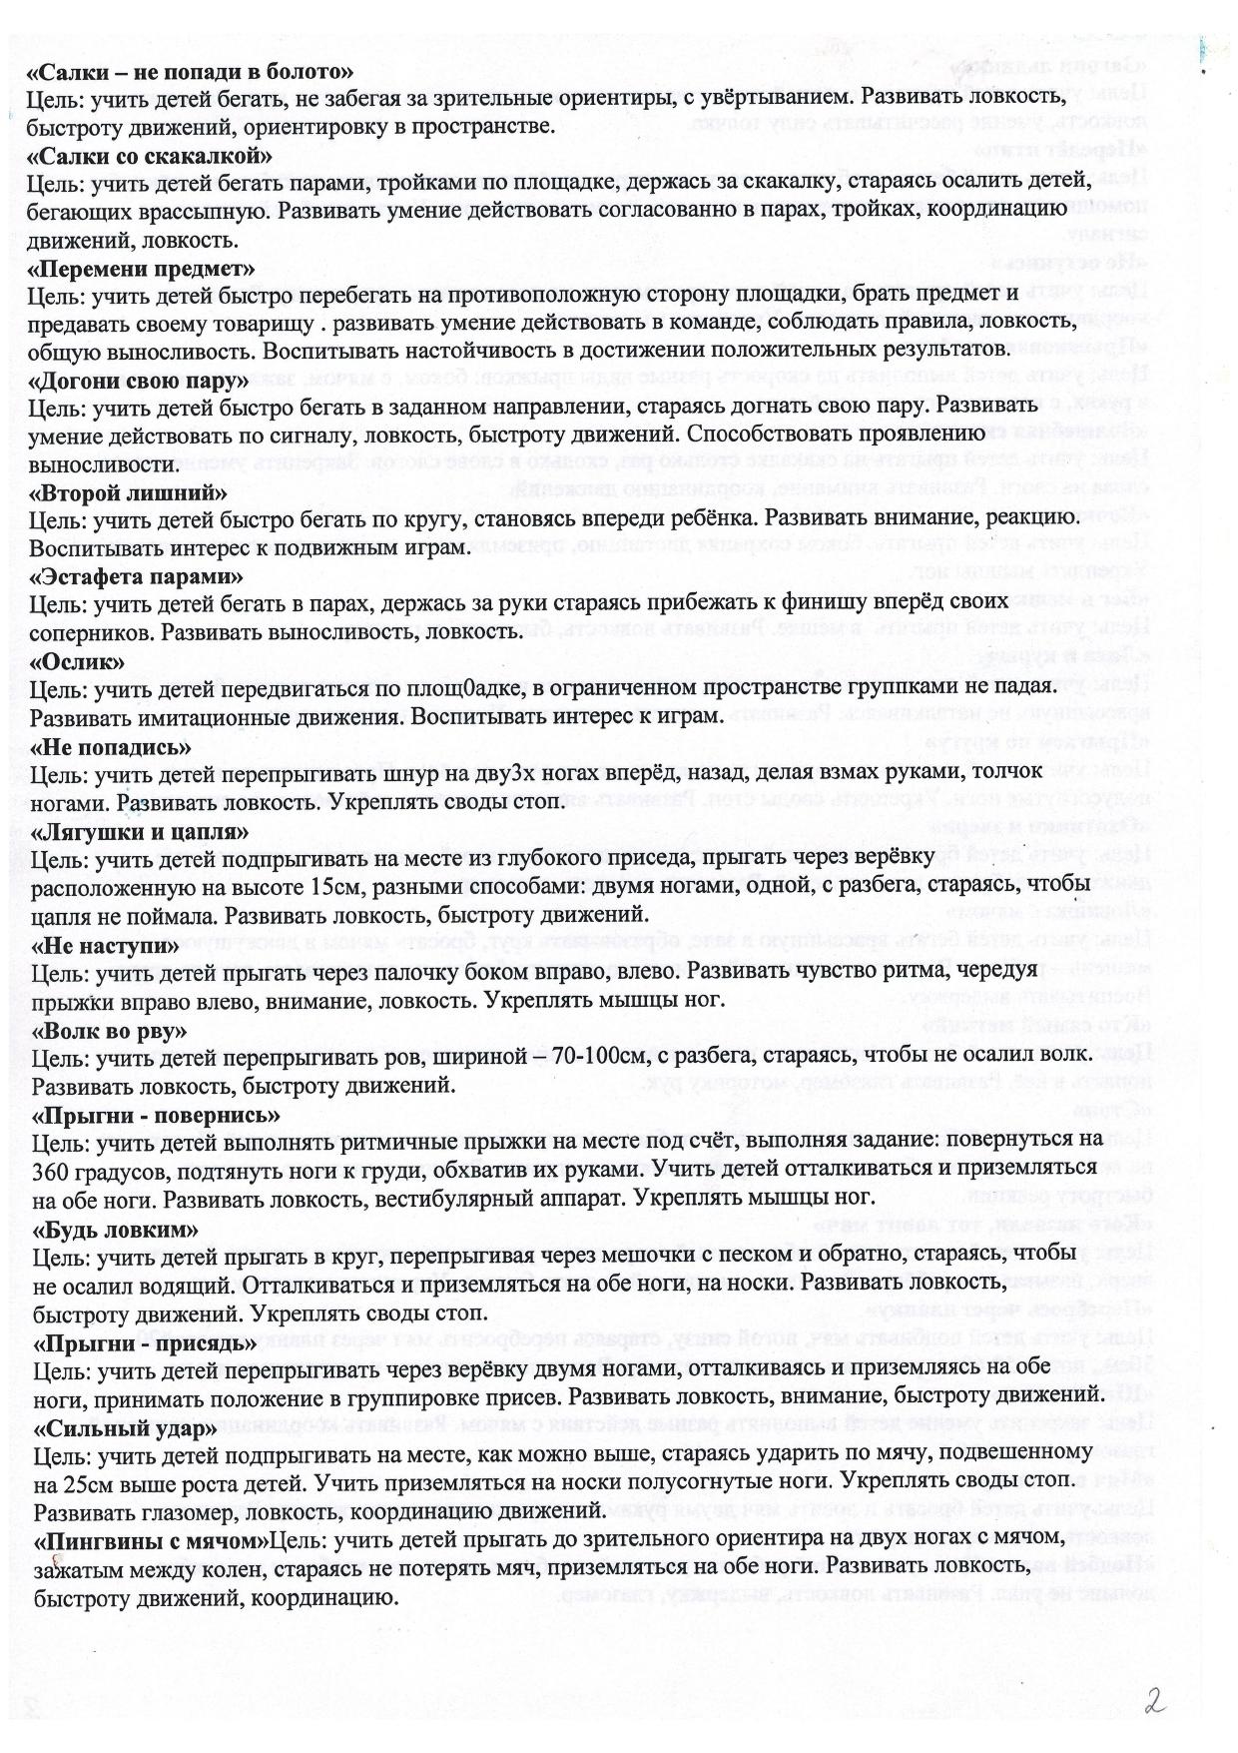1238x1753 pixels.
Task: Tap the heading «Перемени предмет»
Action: pyautogui.click(x=142, y=270)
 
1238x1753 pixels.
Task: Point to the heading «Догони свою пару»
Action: pyautogui.click(x=139, y=383)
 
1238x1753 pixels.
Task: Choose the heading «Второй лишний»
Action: pyautogui.click(x=129, y=493)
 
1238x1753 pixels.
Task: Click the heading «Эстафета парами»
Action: pyautogui.click(x=137, y=577)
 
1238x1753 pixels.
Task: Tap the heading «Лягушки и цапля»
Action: pyautogui.click(x=141, y=832)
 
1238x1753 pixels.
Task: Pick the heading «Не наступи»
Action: pyautogui.click(x=107, y=945)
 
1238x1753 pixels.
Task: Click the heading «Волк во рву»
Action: pyautogui.click(x=111, y=1030)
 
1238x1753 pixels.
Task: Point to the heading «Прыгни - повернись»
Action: pyautogui.click(x=157, y=1115)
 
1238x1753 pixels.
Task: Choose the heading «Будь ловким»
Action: pyautogui.click(x=116, y=1229)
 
